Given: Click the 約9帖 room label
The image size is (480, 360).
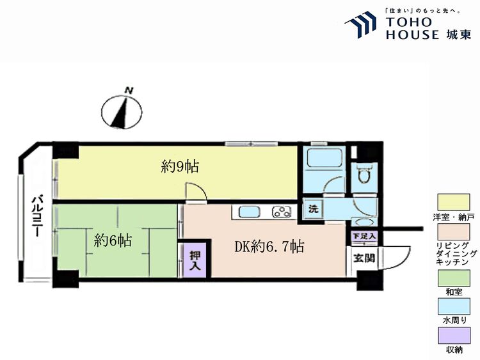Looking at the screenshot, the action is coord(180,167).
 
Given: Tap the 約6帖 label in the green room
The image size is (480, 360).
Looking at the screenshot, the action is coord(113,240).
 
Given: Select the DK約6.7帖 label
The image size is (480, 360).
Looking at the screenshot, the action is coord(269,246).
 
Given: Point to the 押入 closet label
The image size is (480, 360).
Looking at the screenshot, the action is coord(195,261).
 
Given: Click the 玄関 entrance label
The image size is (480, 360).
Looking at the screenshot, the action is coord(364,258).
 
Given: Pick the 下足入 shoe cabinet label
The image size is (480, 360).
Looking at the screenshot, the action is coord(364,236).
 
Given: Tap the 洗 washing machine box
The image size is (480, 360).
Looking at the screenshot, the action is coord(313,209).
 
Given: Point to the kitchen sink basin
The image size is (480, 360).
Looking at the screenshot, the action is coord(250,212).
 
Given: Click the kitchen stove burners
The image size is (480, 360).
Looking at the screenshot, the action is coord(282,212).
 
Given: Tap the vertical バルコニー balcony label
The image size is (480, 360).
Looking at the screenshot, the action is coord(38,216).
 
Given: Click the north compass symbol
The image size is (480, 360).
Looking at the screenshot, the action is coord(122,111).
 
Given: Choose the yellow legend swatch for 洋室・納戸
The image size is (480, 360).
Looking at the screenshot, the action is coord(454,202).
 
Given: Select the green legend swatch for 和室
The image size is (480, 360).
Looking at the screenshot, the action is coord(454,278).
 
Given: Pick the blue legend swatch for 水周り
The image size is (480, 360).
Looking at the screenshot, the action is coord(454,307).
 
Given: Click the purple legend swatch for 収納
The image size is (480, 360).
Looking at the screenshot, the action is coord(454,336).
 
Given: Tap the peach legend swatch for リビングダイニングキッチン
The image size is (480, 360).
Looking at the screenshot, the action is coord(454,232).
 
